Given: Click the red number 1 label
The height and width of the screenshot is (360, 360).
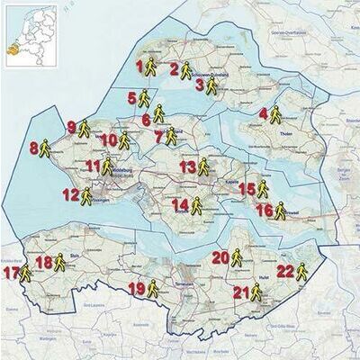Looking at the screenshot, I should coord(139,66).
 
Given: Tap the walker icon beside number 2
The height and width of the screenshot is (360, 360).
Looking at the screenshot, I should coord(184,70).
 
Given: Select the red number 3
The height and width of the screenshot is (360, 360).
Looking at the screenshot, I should coord(200,85).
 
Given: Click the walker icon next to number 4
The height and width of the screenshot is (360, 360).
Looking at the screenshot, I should coord(275,114).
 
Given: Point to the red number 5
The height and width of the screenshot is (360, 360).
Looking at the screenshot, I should coord(131,98).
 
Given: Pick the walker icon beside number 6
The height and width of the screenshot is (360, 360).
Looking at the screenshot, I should coord(158,113).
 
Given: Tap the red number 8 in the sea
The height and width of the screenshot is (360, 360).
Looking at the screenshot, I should coord(34,148).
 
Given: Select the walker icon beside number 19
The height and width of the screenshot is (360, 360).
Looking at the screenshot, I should coord(152,288).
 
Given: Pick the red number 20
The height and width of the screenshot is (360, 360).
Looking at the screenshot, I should coord(220,257).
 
